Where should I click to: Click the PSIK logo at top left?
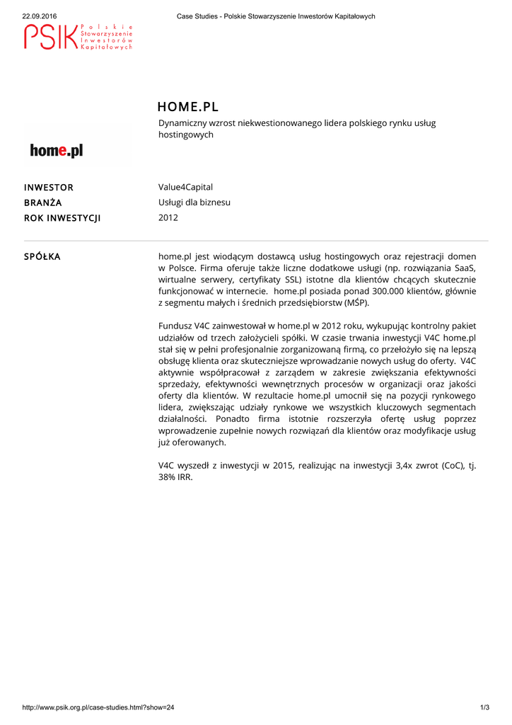(78, 37)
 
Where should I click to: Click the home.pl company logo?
(57, 151)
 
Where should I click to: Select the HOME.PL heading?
(188, 107)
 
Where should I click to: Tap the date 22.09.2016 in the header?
(40, 16)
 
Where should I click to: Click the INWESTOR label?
(49, 188)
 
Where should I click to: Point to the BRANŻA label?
(43, 202)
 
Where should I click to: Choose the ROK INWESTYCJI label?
(62, 218)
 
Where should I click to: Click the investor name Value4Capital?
(185, 187)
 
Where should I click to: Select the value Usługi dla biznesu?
(194, 202)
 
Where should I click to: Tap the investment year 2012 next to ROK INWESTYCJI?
(168, 217)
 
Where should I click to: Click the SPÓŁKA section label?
(42, 256)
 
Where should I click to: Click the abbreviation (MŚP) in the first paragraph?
(356, 303)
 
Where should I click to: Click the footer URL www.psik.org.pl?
(98, 707)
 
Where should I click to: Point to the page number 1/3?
(484, 707)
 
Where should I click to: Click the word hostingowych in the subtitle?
(186, 135)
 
